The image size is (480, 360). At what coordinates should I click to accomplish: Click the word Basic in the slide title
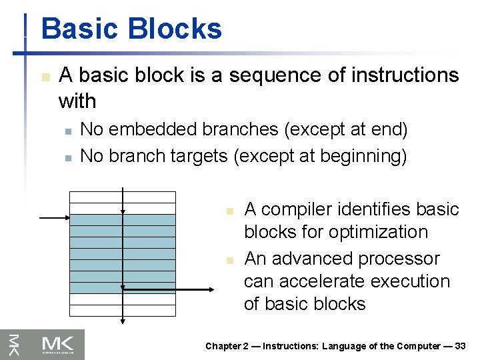click(x=79, y=29)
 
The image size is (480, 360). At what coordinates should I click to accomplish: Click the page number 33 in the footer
click(x=459, y=346)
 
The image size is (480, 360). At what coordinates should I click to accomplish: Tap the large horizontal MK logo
click(x=62, y=345)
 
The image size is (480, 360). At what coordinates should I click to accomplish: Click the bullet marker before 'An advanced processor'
click(x=228, y=259)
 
